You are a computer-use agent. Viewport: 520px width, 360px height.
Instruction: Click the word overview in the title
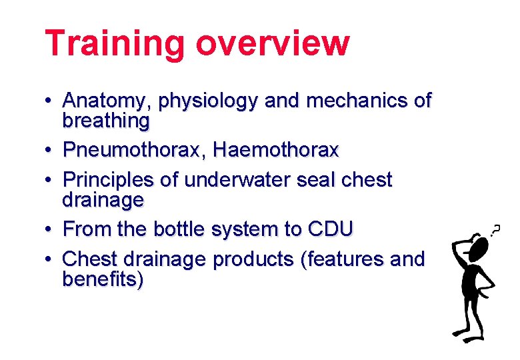(x=273, y=44)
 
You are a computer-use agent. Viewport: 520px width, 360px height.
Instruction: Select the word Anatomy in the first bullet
(x=107, y=102)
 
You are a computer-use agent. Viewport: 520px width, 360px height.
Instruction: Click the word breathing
(x=106, y=121)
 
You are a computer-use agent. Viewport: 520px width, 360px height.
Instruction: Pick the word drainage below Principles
(x=103, y=200)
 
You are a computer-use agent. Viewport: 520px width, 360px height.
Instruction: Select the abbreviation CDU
(x=330, y=229)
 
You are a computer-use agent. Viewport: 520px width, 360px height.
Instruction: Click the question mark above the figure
(x=495, y=229)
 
